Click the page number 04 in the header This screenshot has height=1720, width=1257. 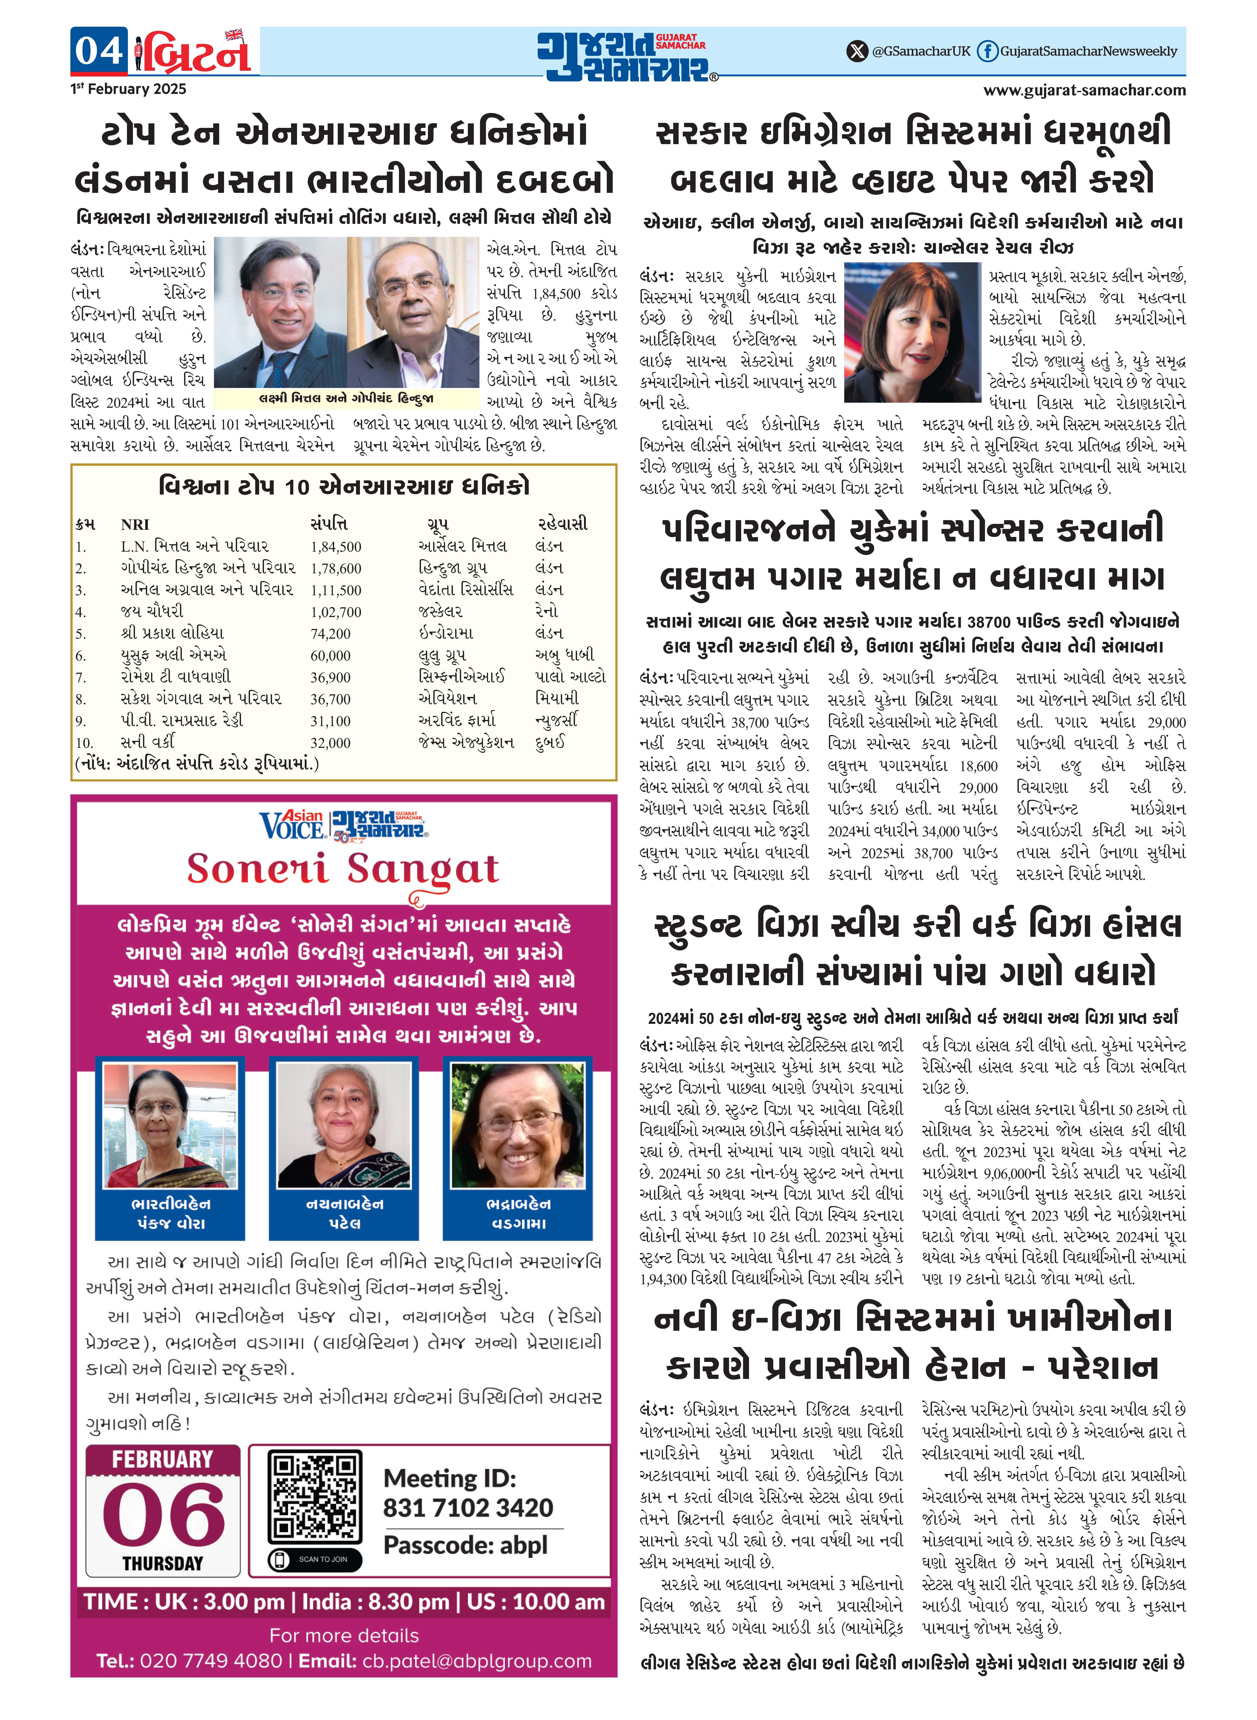tap(99, 51)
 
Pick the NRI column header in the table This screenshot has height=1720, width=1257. tap(135, 524)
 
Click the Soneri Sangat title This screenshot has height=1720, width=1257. tap(343, 869)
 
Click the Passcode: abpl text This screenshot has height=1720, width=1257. tap(465, 1545)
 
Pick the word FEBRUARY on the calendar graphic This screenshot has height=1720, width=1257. tap(163, 1459)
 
